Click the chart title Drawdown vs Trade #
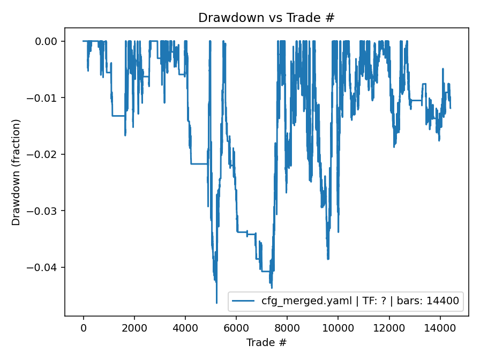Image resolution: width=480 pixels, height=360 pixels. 266,17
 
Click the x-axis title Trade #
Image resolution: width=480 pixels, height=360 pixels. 266,342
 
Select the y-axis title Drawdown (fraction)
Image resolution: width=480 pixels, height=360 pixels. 16,172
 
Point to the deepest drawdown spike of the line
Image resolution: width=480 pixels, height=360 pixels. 217,303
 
